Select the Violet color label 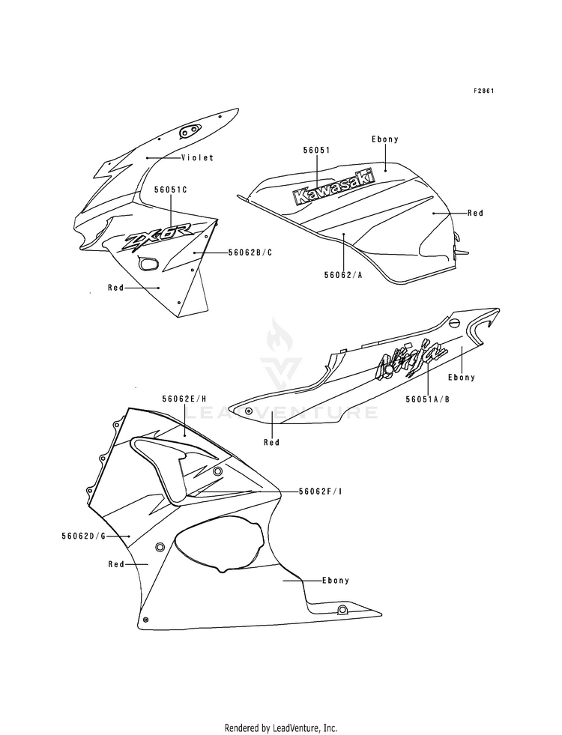tap(197, 158)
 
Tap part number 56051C tap(171, 190)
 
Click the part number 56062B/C tap(250, 253)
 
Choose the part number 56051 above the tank tap(316, 150)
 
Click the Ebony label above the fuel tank tap(384, 139)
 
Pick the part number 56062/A tap(343, 275)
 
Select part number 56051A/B tap(428, 399)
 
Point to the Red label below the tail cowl tap(271, 442)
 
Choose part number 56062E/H tap(184, 399)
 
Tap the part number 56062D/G tap(85, 536)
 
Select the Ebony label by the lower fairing tap(335, 580)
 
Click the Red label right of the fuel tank tap(475, 213)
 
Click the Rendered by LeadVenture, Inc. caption tap(281, 728)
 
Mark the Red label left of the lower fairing tap(115, 563)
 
